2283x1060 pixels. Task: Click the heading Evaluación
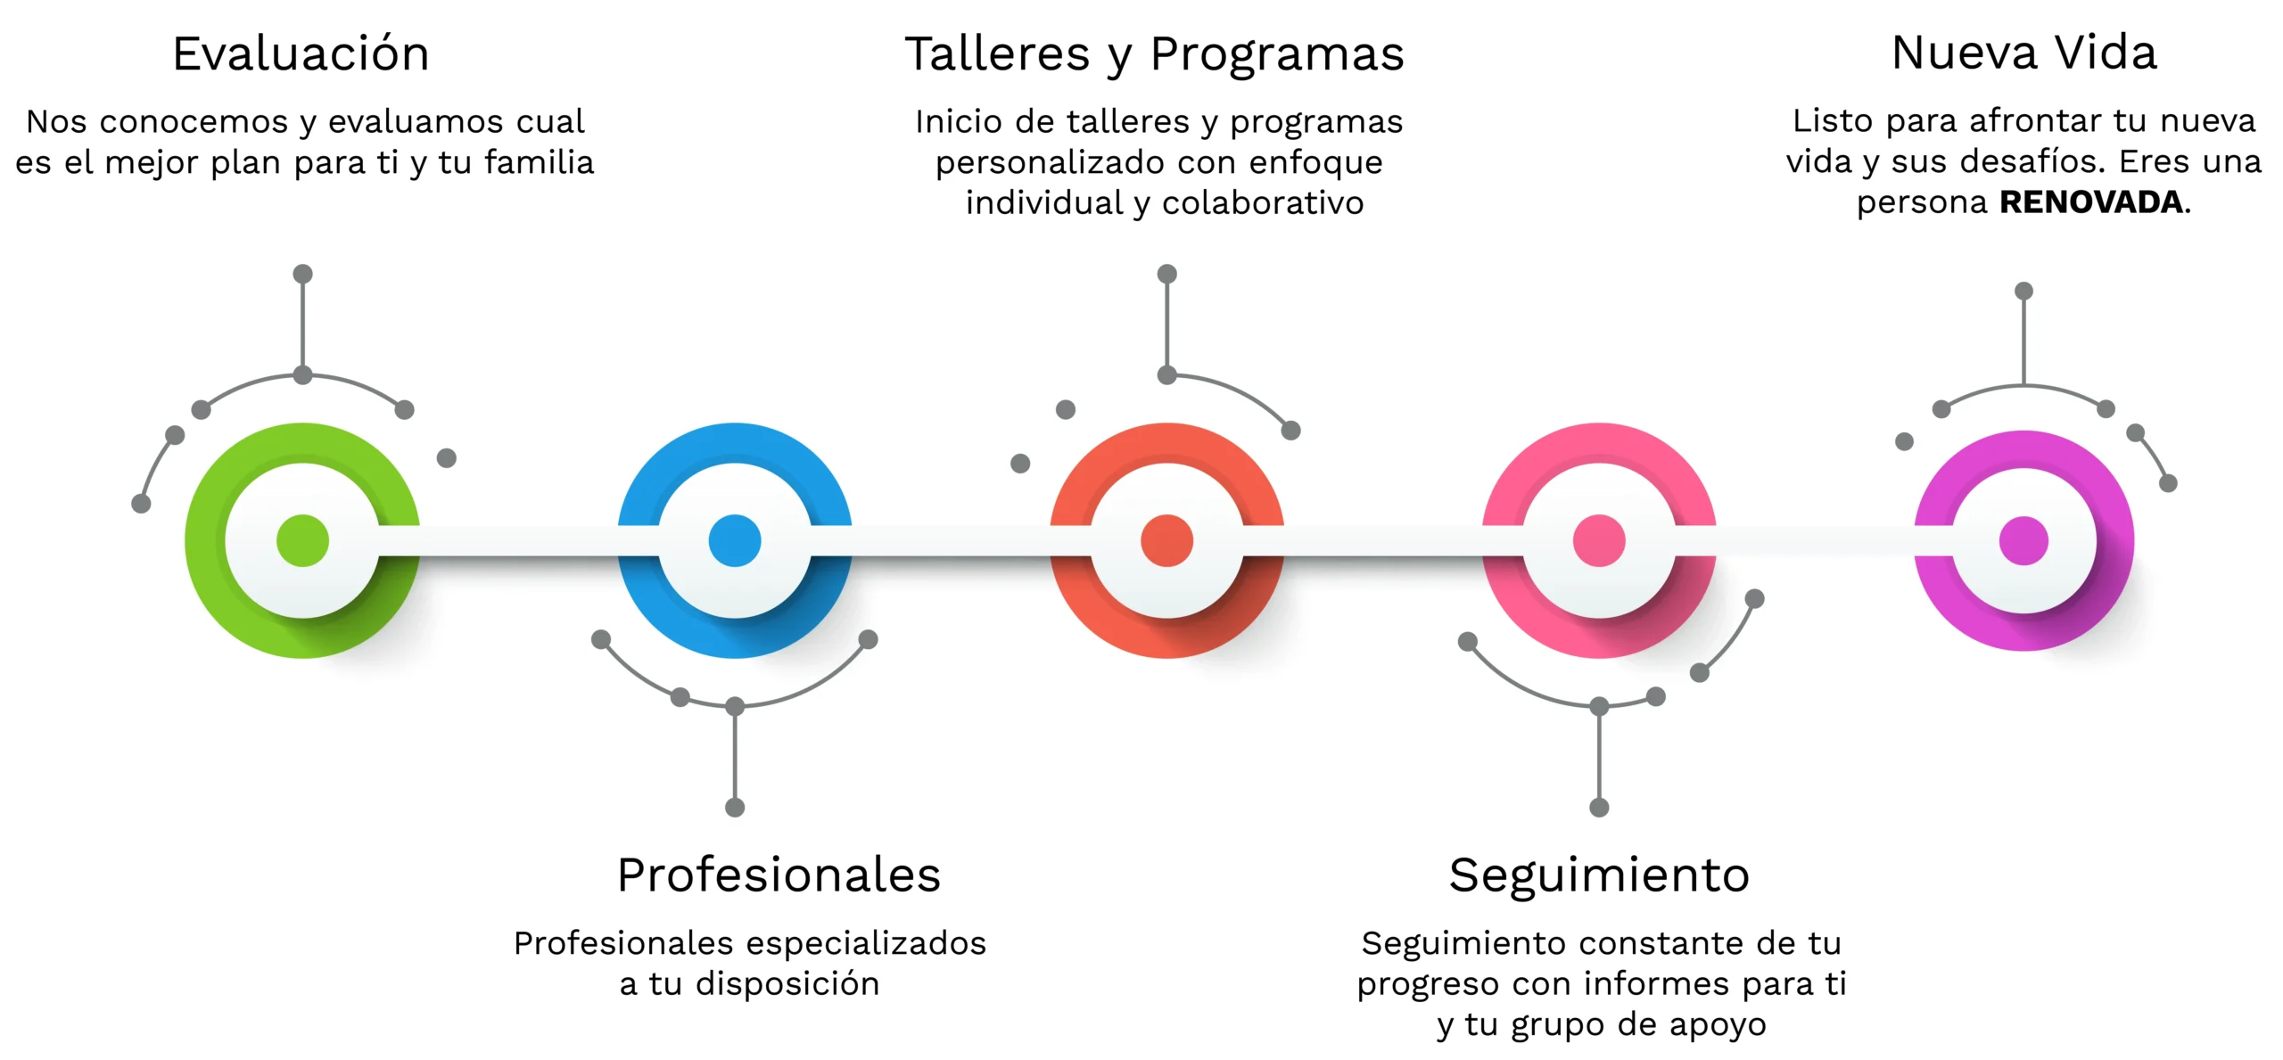(x=301, y=53)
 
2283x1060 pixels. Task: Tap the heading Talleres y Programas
(x=1154, y=53)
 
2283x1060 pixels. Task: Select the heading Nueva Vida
(x=2023, y=53)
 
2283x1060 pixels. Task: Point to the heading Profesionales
(x=779, y=875)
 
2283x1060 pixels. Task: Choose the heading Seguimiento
(x=1599, y=875)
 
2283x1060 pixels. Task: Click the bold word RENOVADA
(x=2091, y=202)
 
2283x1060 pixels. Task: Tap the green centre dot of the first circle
(x=302, y=540)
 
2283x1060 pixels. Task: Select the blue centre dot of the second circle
(x=735, y=540)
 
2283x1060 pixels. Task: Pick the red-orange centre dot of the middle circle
(x=1166, y=540)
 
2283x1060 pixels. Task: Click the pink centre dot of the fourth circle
(x=1599, y=540)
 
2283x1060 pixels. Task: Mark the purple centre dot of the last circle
(x=2023, y=540)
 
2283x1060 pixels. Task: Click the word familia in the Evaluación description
(x=539, y=162)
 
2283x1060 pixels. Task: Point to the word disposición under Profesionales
(x=787, y=984)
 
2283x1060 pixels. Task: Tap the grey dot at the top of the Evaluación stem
(x=302, y=274)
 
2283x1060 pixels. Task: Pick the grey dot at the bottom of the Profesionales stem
(x=735, y=808)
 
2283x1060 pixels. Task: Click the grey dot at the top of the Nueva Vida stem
(x=2023, y=291)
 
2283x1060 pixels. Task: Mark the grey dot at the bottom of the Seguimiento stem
(x=1599, y=808)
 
